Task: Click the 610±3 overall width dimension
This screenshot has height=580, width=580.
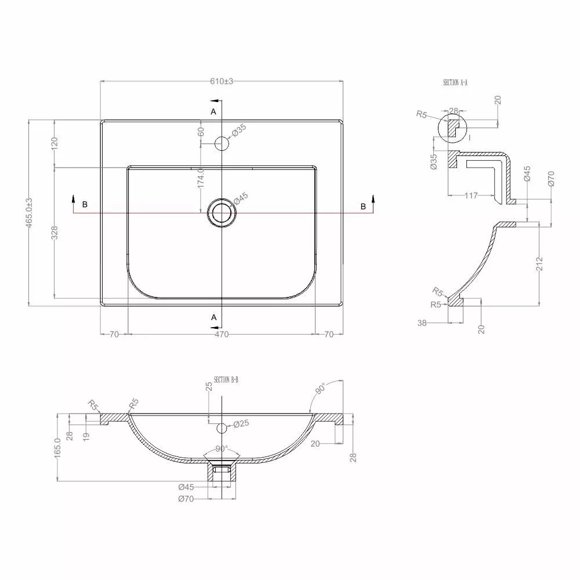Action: click(222, 81)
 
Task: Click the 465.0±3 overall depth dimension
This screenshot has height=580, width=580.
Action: click(30, 213)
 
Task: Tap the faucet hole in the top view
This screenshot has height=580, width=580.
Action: click(222, 143)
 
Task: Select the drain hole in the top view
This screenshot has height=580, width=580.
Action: click(222, 213)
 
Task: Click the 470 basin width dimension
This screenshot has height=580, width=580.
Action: click(222, 335)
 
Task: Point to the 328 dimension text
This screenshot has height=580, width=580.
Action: click(55, 233)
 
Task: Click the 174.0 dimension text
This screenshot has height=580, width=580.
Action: click(201, 177)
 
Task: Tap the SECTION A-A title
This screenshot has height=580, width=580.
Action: click(455, 82)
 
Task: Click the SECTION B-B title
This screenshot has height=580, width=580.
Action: click(226, 380)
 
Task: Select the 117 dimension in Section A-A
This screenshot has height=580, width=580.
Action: click(471, 195)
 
